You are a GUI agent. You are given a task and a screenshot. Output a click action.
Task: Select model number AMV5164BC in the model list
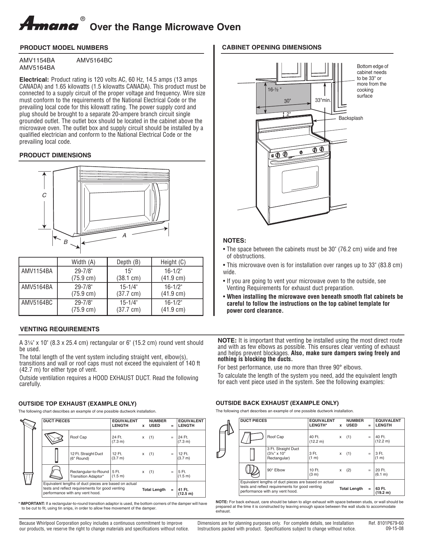point(94,60)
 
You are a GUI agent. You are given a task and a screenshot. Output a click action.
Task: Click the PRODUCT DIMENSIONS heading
point(55,155)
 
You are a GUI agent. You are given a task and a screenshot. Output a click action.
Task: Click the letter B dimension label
point(66,242)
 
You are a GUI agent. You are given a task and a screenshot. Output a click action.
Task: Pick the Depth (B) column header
point(129,262)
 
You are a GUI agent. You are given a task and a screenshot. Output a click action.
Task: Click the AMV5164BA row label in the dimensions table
point(37,287)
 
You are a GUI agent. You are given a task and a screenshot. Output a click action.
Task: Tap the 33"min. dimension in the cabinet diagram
point(323,100)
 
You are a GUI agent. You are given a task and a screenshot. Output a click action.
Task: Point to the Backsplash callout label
point(351,118)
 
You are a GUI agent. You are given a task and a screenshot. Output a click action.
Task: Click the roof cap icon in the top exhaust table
point(55,439)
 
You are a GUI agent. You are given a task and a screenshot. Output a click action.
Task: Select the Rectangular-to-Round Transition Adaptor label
point(89,474)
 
